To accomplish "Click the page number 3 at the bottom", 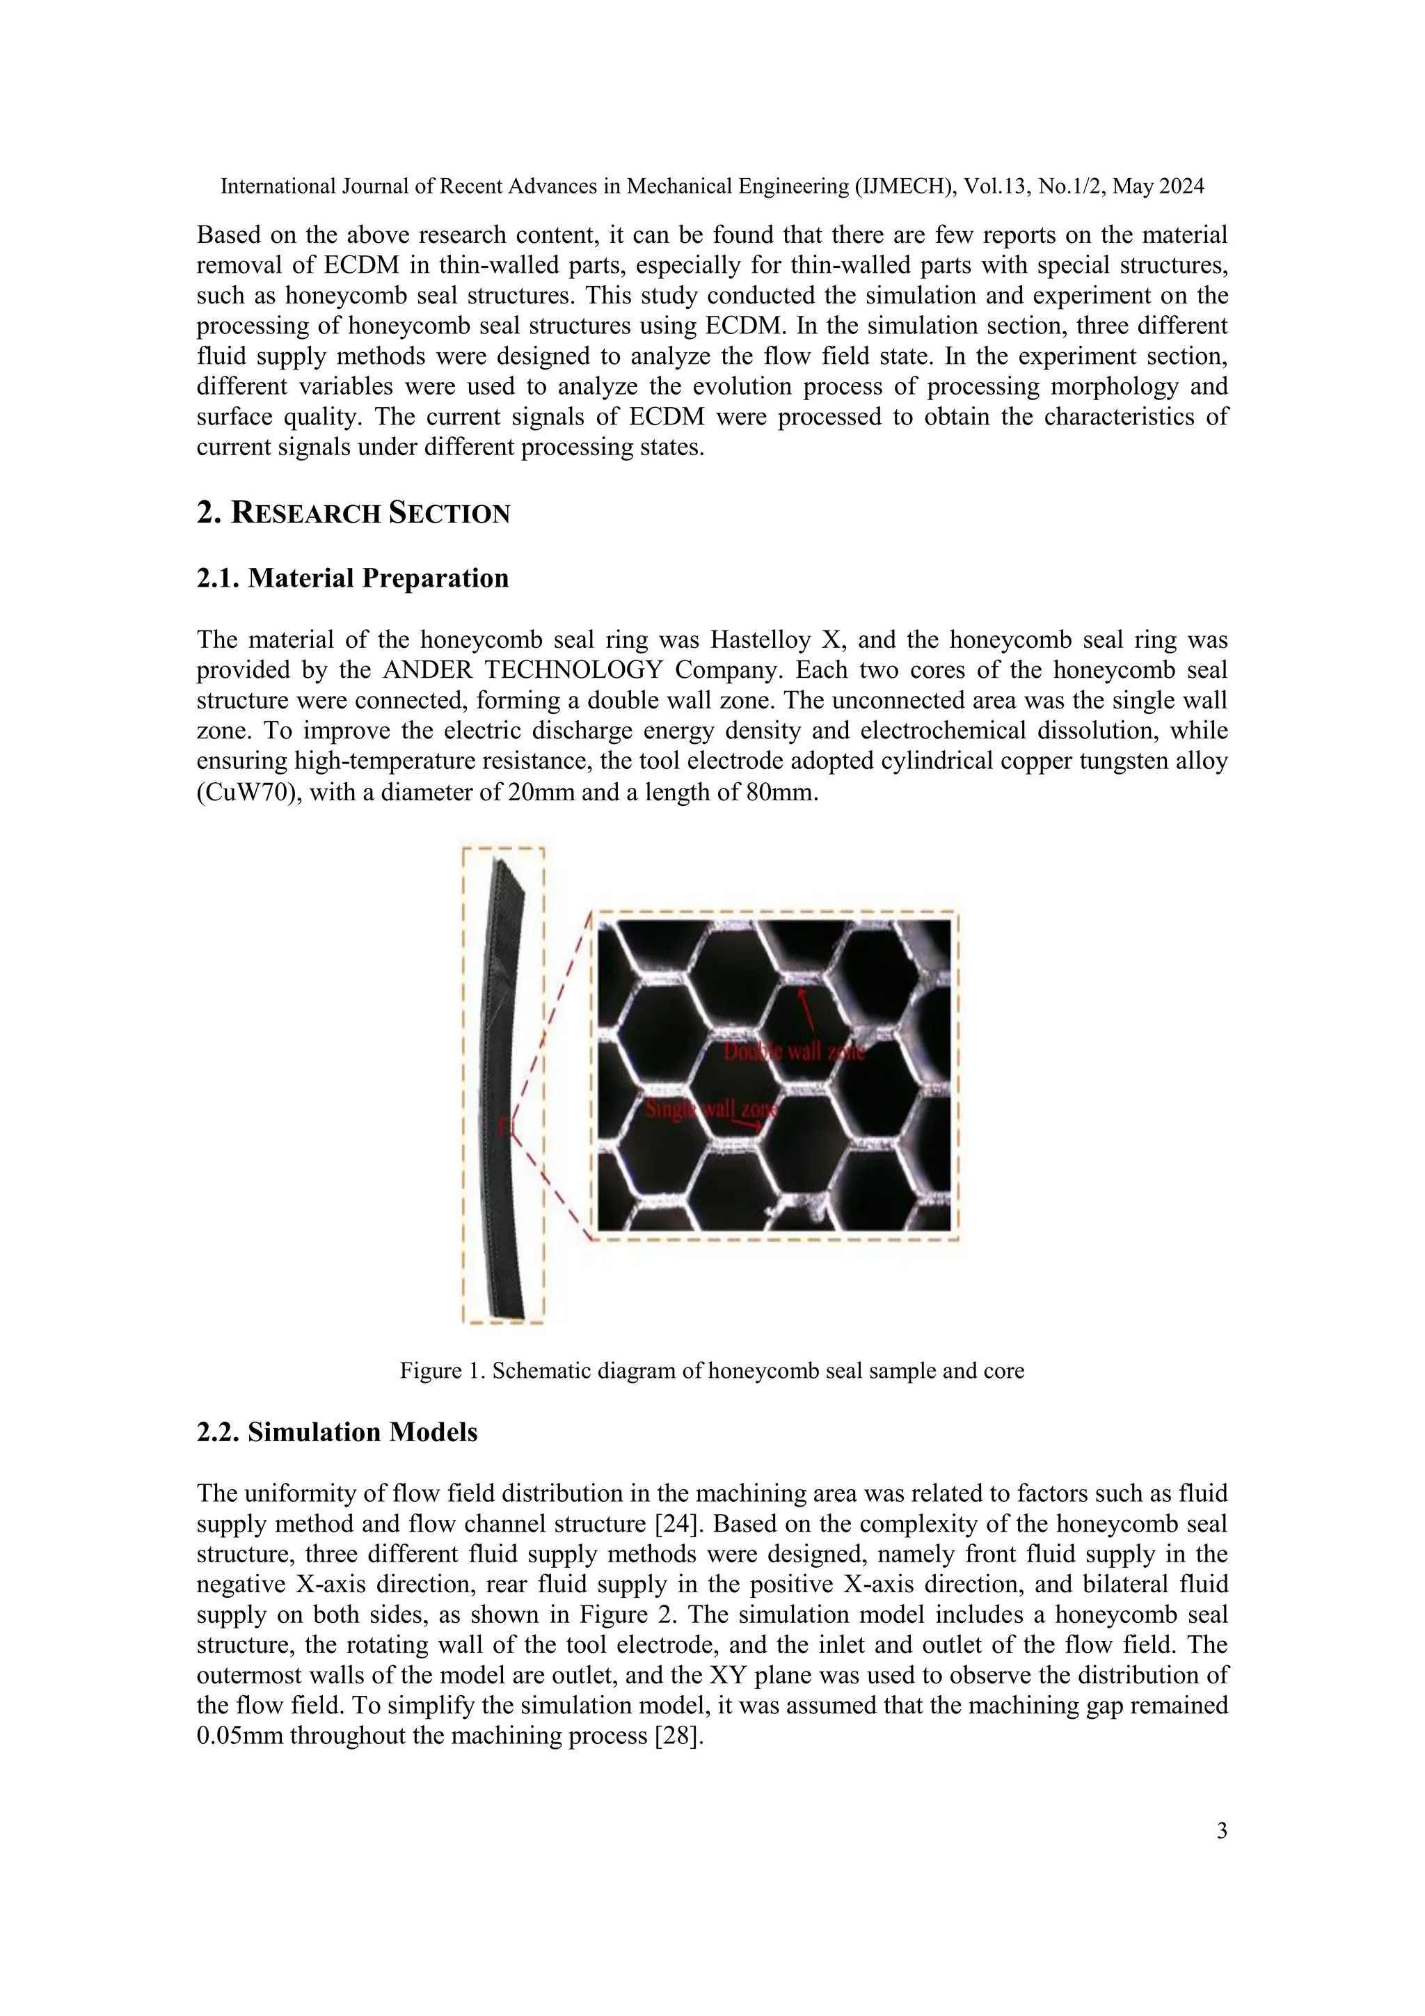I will [1221, 1831].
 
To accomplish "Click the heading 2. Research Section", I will [353, 513].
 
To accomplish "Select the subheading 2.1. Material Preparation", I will [352, 578].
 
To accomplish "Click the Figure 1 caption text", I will [711, 1371].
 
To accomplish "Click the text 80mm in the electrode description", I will [786, 792].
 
